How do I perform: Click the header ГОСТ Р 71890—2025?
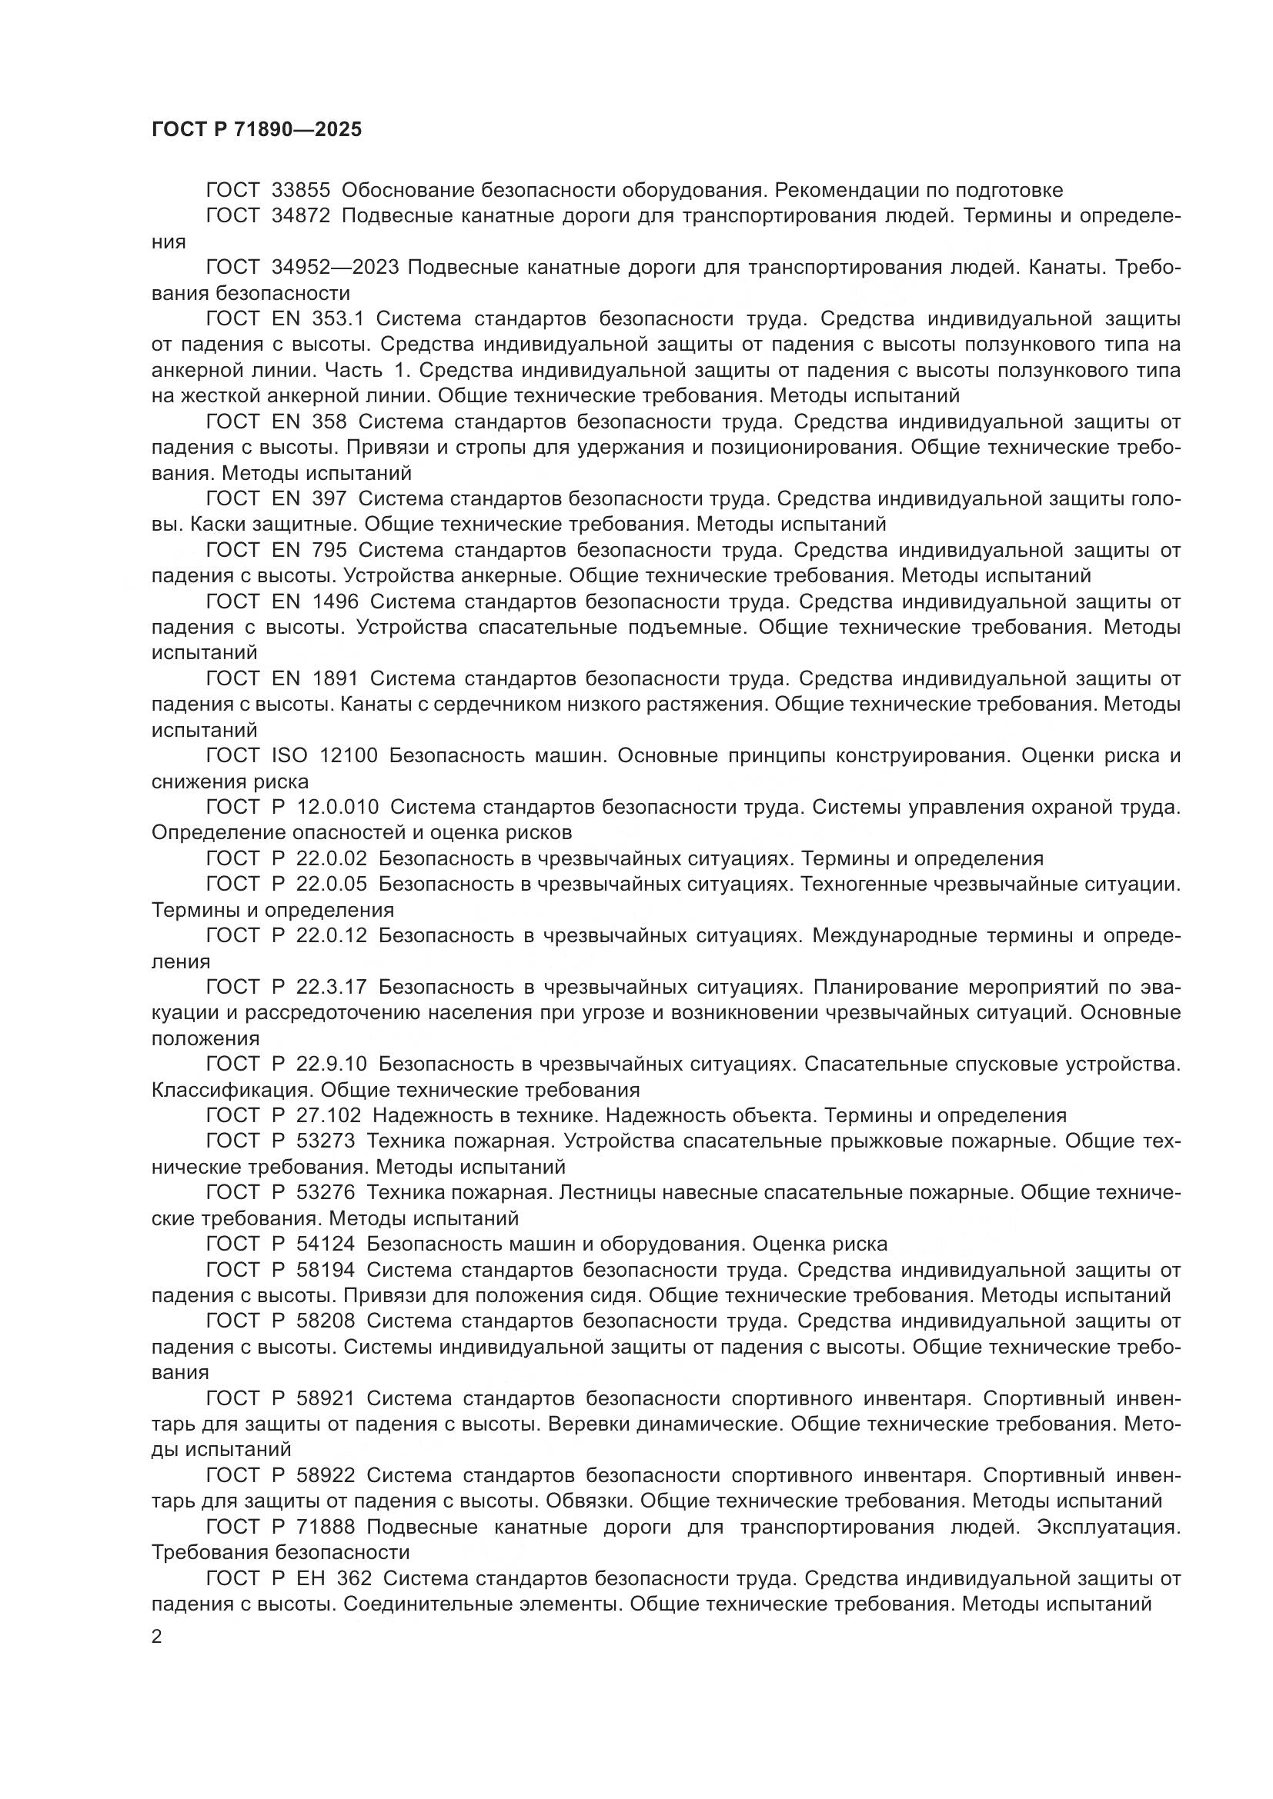pyautogui.click(x=256, y=130)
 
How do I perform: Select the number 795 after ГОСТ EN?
pyautogui.click(x=329, y=550)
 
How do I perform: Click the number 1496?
pyautogui.click(x=335, y=601)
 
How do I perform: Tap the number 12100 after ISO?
pyautogui.click(x=349, y=756)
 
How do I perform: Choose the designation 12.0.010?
pyautogui.click(x=338, y=807)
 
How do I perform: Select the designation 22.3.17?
pyautogui.click(x=332, y=988)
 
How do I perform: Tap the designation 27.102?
pyautogui.click(x=329, y=1116)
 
